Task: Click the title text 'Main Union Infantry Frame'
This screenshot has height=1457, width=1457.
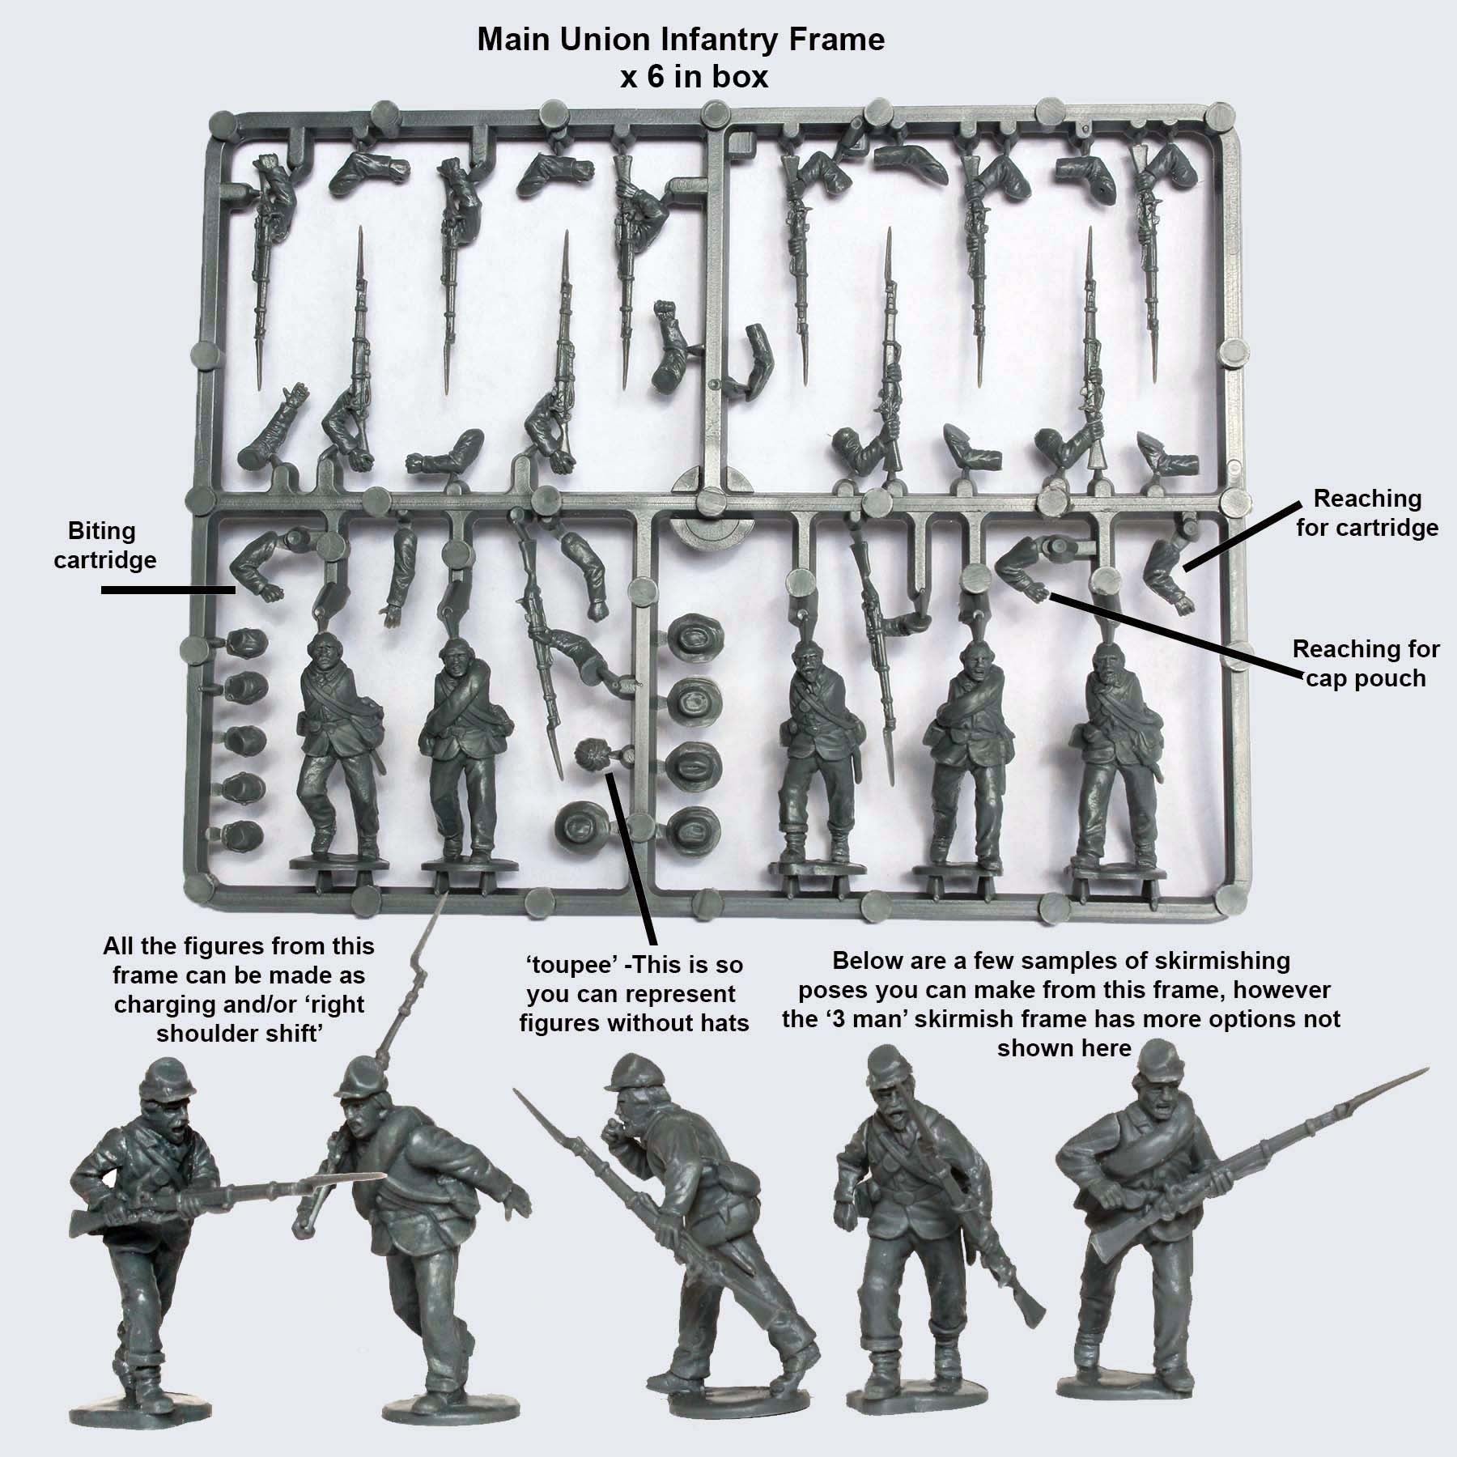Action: [x=680, y=39]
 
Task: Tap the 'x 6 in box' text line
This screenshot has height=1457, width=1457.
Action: [x=693, y=78]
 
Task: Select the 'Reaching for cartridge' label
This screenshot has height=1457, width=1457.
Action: [x=1367, y=512]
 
